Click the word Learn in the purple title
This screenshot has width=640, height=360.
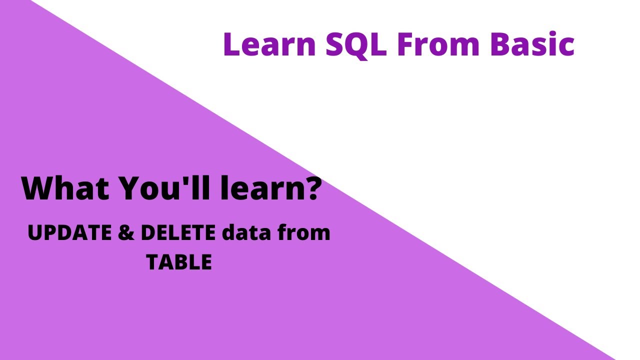[x=270, y=44]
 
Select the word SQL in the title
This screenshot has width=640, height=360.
[x=356, y=45]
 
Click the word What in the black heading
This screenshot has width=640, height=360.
[x=65, y=188]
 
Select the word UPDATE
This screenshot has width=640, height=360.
[x=70, y=232]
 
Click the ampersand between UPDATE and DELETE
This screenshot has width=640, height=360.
[x=126, y=232]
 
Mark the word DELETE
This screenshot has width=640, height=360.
[x=178, y=232]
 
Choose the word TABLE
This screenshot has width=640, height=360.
[x=179, y=262]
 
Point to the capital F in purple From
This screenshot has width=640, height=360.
[x=405, y=44]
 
